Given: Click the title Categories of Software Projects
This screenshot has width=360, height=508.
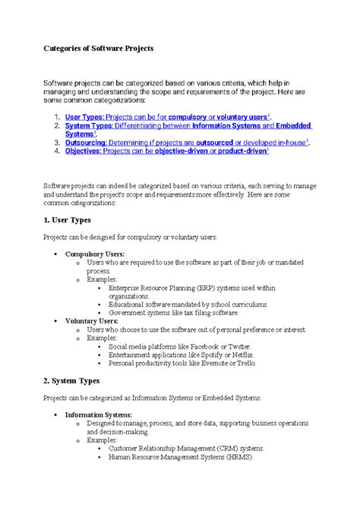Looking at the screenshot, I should (x=98, y=48).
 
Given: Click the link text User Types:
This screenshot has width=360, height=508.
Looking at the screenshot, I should (x=84, y=117).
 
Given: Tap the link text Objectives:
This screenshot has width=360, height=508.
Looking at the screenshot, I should (x=84, y=150).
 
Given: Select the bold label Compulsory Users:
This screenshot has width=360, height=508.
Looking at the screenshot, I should (x=95, y=254).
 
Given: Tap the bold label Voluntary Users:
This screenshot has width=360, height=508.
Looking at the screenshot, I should (x=91, y=321).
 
